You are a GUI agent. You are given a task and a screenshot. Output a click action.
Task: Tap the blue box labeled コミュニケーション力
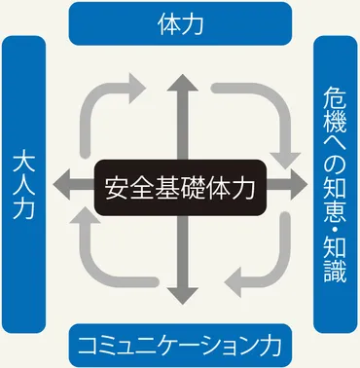181,346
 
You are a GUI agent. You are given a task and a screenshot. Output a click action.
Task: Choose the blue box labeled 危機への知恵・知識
334,184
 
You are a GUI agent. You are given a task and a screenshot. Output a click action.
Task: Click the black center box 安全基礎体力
181,184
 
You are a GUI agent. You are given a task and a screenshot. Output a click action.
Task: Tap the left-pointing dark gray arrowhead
63,184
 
